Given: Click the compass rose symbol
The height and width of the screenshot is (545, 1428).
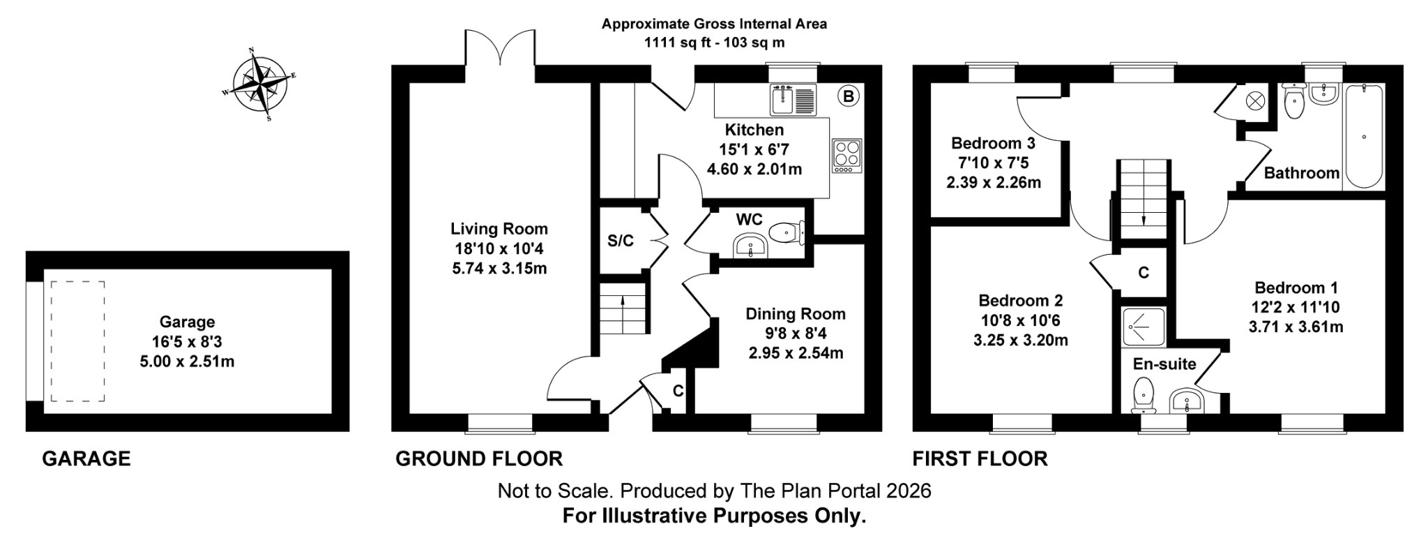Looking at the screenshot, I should pos(260,84).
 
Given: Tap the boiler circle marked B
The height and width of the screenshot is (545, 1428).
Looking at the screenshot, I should pos(848,96).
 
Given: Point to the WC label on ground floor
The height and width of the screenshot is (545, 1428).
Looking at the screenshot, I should pos(749,220).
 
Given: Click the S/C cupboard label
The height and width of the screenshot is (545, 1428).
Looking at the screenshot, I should pos(621,241).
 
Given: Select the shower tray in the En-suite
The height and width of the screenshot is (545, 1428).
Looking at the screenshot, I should pos(1144,327).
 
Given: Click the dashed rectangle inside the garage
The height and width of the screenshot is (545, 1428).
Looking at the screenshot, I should pos(77,341).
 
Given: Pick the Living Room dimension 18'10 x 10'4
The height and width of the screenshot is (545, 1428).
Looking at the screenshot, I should pos(499,248).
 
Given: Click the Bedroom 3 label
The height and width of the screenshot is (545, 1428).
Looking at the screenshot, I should pos(993,144).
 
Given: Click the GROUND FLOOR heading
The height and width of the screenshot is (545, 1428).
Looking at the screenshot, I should pos(478,458).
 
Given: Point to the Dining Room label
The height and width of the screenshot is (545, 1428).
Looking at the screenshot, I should pos(796,314).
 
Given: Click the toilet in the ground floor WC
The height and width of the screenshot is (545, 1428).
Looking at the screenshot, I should pos(788,231).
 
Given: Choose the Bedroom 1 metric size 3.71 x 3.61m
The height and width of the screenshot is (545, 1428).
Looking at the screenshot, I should pos(1296,327).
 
